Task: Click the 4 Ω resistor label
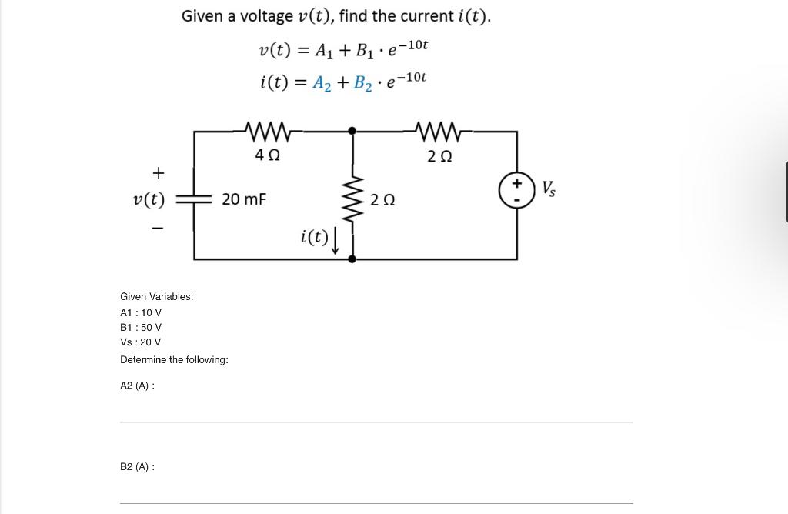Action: click(x=267, y=155)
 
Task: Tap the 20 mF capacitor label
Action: click(x=244, y=199)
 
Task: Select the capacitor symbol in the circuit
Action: click(x=194, y=199)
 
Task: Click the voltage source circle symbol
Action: click(x=516, y=190)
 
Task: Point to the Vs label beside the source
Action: click(x=549, y=188)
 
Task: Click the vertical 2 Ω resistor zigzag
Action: click(x=352, y=201)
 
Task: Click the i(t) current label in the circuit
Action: click(x=314, y=236)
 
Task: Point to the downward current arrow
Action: click(x=336, y=241)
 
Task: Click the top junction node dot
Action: click(x=352, y=132)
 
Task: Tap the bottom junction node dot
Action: click(x=352, y=259)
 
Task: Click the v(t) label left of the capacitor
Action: click(x=149, y=199)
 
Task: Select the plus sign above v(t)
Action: click(x=159, y=172)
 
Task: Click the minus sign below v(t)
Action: click(x=159, y=228)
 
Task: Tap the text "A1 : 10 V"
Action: click(x=141, y=312)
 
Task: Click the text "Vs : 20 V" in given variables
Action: click(x=141, y=342)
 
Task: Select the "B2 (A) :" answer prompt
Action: click(x=137, y=467)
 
